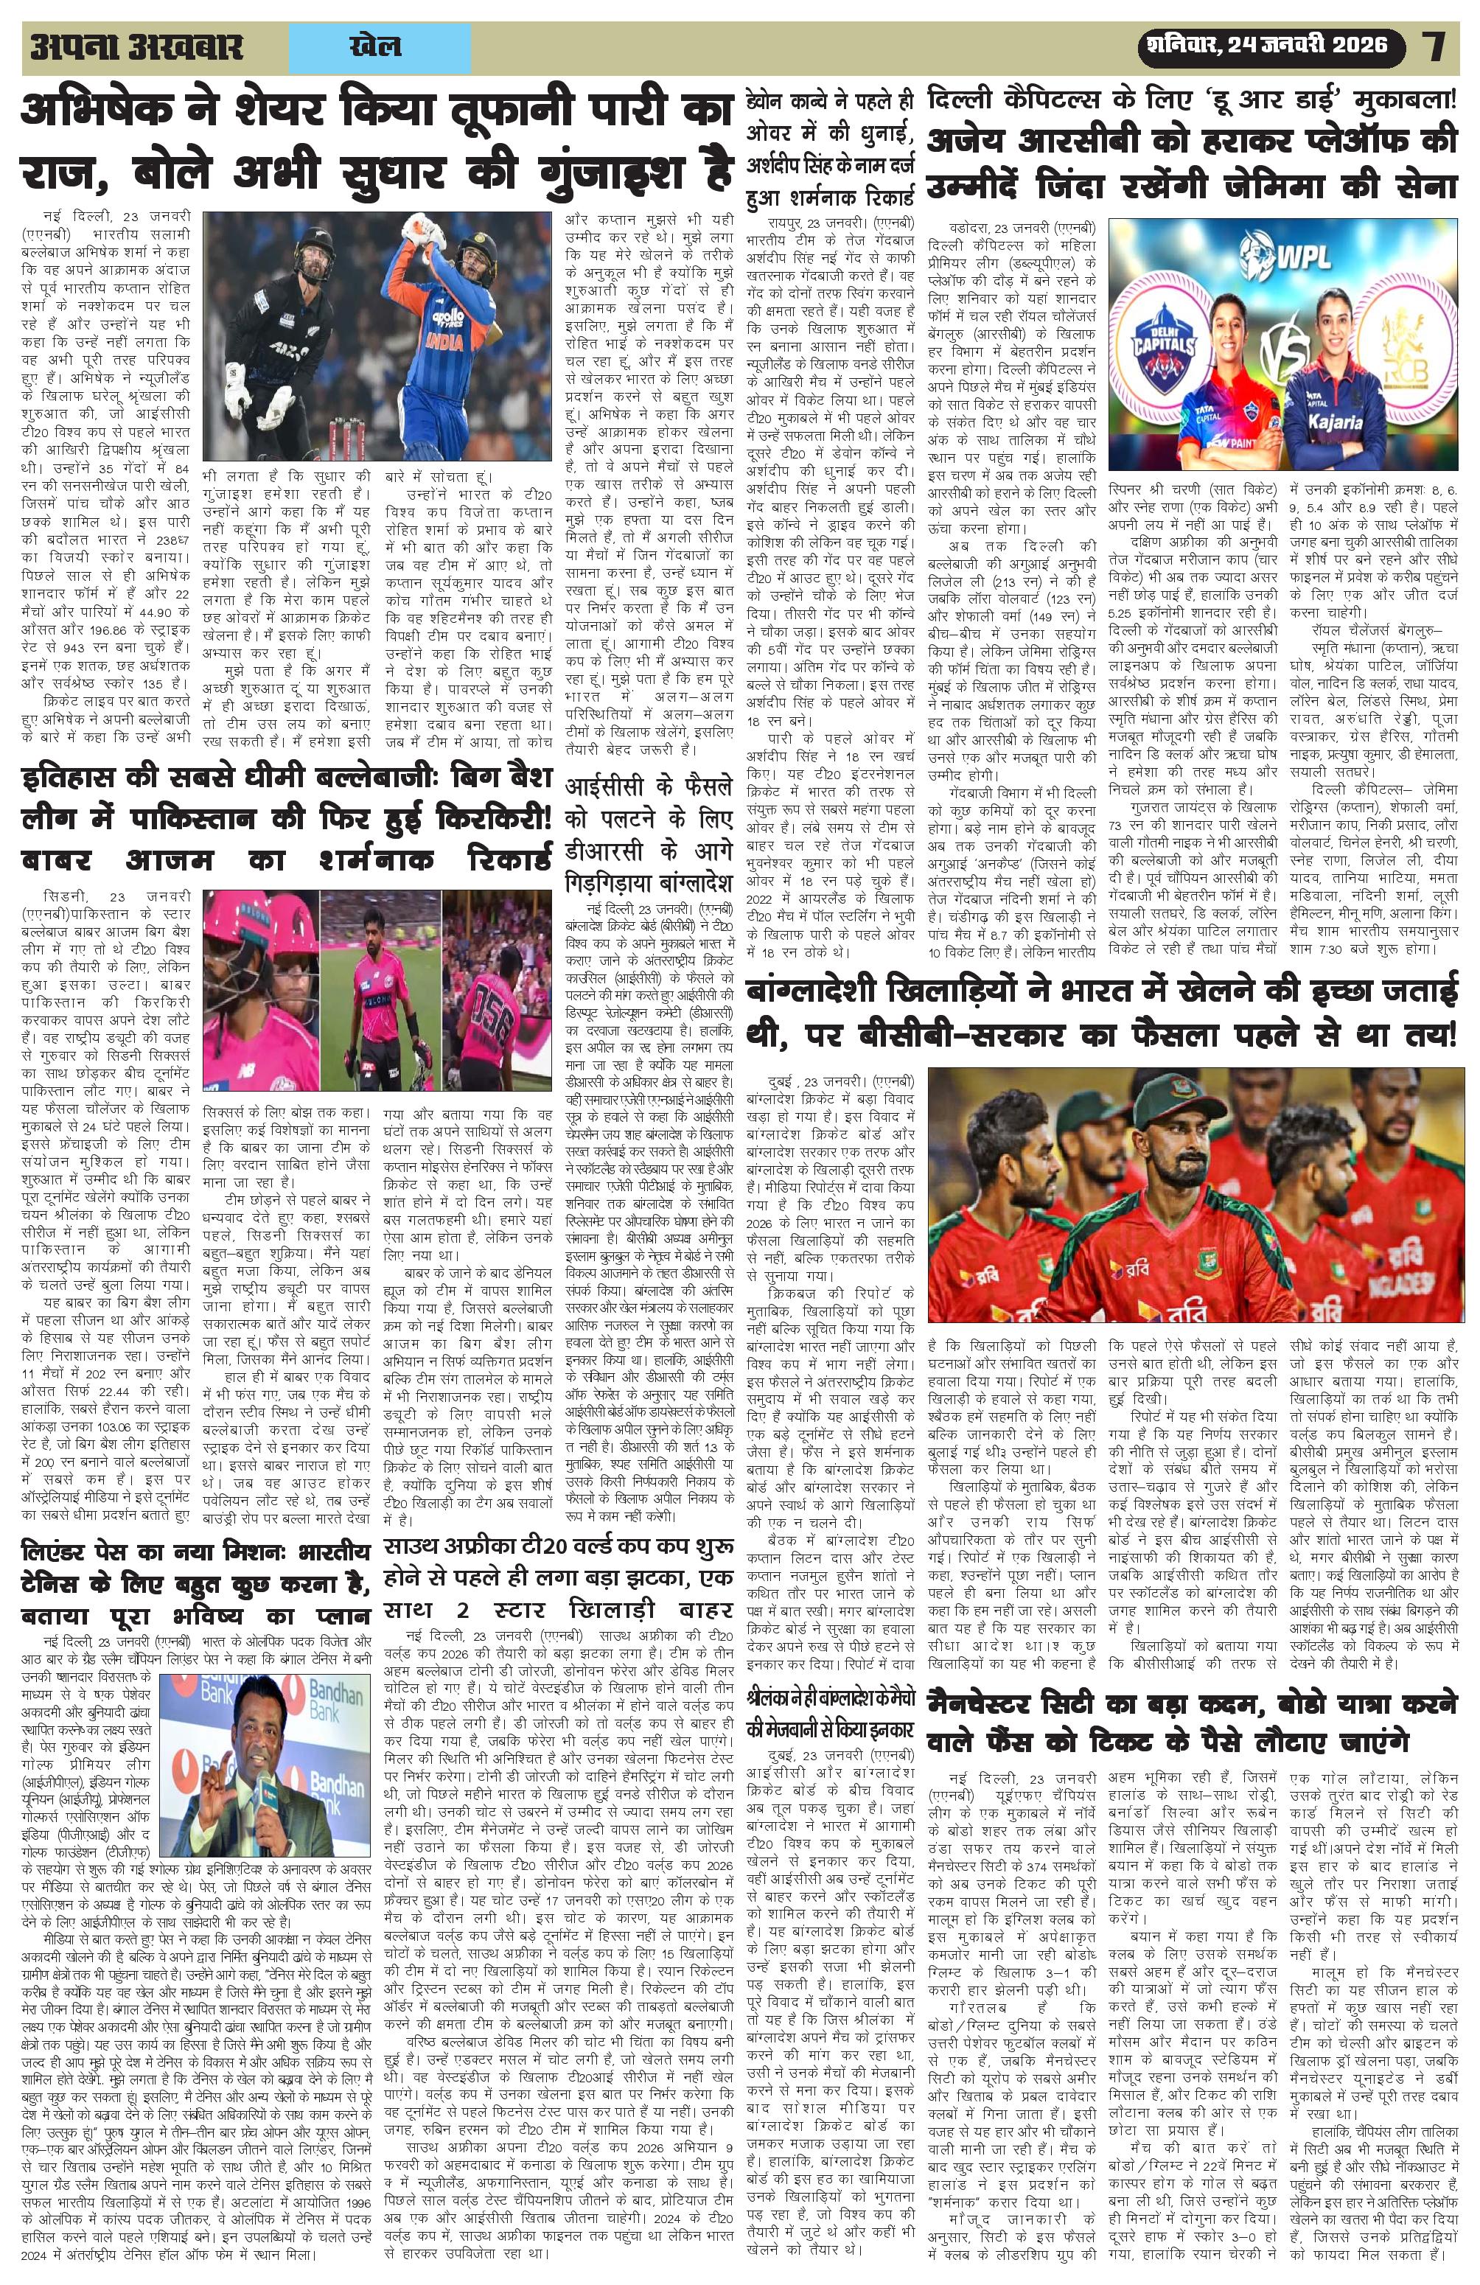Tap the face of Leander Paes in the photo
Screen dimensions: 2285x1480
(x=232, y=1713)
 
